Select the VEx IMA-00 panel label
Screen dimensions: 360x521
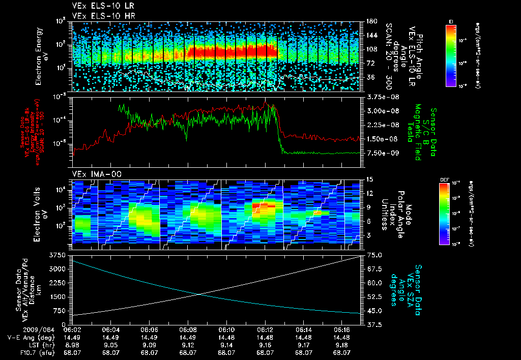pos(92,174)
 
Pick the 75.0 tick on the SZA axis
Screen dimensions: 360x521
pos(374,255)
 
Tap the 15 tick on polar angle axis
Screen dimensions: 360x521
pos(369,179)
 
